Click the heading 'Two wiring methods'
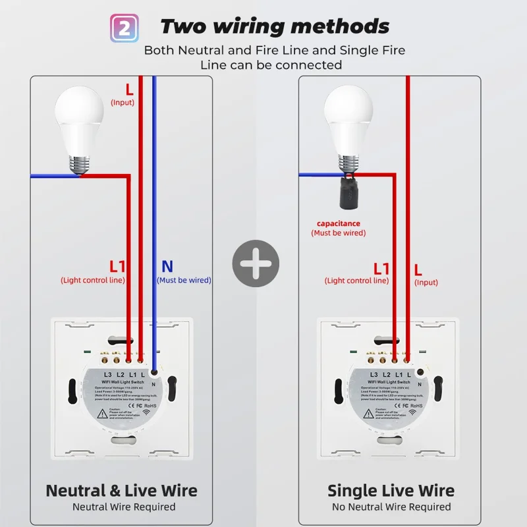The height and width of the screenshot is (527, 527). tap(275, 26)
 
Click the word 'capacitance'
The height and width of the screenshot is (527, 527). tap(339, 223)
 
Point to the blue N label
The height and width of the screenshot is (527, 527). tap(167, 266)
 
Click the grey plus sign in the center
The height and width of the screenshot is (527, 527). tap(256, 263)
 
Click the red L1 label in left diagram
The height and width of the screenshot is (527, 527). tap(117, 266)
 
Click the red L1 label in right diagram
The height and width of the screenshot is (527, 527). tap(382, 268)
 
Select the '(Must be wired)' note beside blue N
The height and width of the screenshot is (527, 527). tap(184, 280)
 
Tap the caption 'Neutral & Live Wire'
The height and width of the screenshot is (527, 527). tap(121, 491)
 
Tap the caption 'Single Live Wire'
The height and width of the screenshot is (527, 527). tap(391, 491)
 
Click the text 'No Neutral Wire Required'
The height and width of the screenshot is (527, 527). tap(391, 507)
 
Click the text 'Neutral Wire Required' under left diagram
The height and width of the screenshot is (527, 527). tap(124, 507)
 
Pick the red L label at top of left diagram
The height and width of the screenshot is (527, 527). tap(129, 88)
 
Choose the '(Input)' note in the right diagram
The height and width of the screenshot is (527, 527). tap(426, 283)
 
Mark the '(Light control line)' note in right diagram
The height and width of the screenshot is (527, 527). tap(356, 281)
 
